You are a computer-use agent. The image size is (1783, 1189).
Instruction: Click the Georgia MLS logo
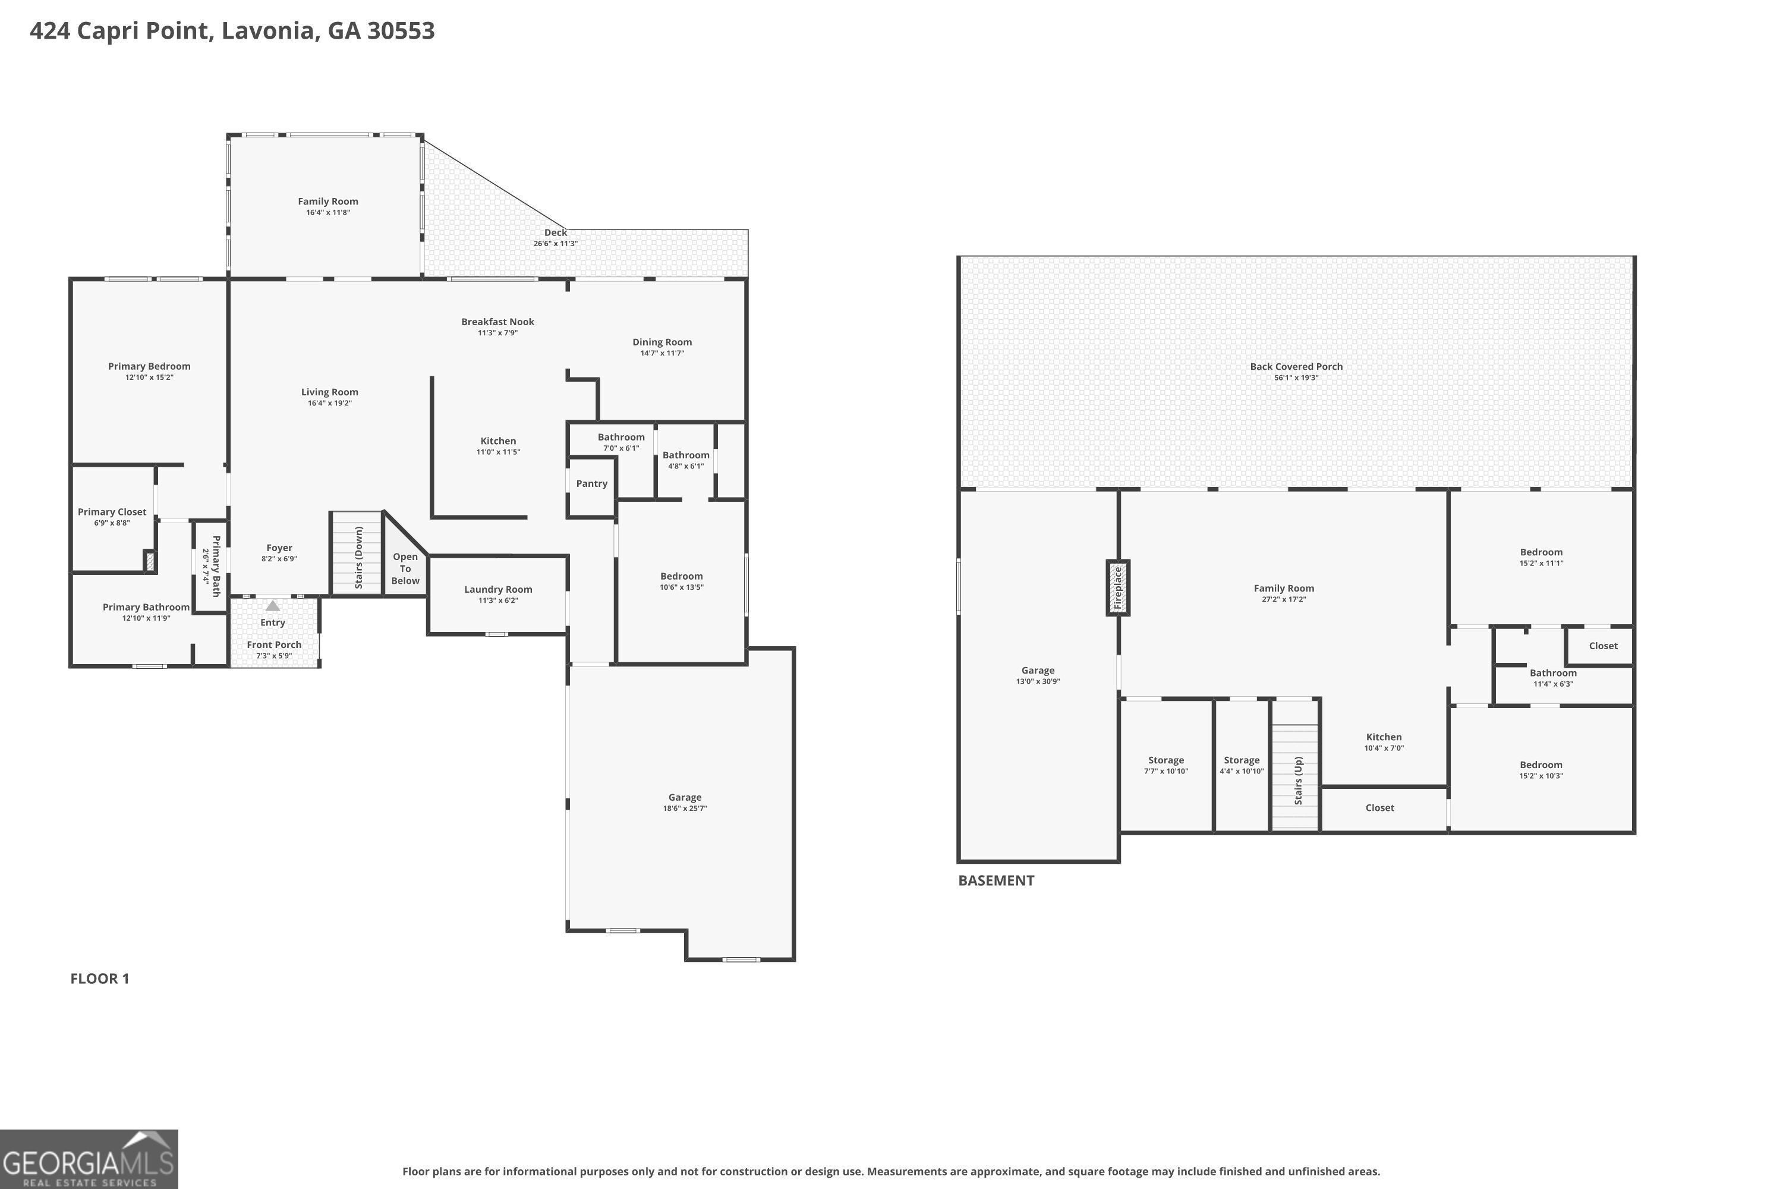[89, 1159]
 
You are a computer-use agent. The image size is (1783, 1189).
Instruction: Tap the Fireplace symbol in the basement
[1117, 588]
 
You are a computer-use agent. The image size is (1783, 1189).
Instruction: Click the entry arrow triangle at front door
[272, 605]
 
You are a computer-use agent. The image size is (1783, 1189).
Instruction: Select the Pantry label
[591, 484]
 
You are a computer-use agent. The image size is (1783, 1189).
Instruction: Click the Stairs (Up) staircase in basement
[1296, 777]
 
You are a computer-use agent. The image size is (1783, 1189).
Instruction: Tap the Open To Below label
[405, 569]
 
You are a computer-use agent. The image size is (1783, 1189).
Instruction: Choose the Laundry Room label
[498, 589]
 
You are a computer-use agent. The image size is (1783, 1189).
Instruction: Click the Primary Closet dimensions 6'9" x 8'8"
[112, 523]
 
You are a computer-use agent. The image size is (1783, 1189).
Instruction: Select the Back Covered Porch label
[1296, 366]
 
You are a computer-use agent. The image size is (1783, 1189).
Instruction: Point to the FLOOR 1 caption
[100, 978]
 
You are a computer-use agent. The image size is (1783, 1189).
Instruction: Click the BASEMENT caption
[996, 880]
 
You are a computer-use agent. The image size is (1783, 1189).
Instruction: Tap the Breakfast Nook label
[497, 322]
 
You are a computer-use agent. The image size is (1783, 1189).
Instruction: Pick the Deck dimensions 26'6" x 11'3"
[556, 243]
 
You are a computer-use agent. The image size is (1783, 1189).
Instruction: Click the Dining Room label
[662, 342]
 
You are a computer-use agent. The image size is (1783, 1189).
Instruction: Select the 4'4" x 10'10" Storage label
[1242, 765]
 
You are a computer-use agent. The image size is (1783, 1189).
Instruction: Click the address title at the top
[232, 31]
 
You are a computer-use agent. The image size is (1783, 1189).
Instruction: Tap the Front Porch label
[273, 644]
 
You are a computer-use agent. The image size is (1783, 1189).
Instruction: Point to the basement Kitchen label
[1384, 737]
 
